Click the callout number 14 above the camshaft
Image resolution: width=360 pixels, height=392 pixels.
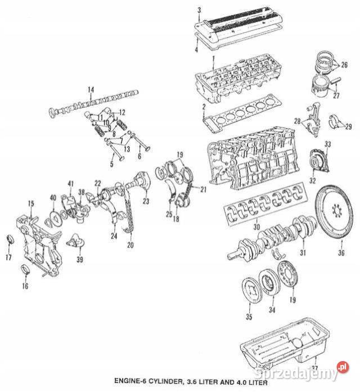[91, 90]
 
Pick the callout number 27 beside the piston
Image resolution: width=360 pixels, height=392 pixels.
[336, 96]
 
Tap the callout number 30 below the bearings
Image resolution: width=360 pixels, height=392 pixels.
[256, 227]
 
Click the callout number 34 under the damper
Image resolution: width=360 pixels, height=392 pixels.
[272, 310]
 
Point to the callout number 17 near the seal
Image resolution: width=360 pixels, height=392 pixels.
[8, 258]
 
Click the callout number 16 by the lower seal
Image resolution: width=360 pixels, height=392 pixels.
[25, 286]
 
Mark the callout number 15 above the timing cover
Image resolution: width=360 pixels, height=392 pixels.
[31, 203]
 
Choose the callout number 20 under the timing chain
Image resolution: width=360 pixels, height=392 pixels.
[130, 245]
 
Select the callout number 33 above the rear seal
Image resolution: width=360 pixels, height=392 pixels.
[328, 145]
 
